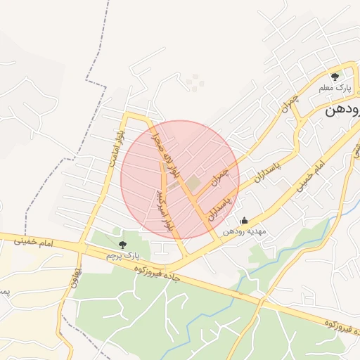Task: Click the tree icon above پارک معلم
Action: coord(335,76)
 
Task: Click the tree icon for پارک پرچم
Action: coord(123,245)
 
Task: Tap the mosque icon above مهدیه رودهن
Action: coord(244,221)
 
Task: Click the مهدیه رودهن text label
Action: coord(243,231)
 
